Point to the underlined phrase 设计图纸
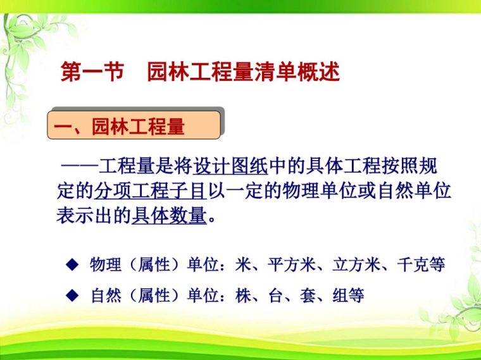230,166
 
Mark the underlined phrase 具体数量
169,216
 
